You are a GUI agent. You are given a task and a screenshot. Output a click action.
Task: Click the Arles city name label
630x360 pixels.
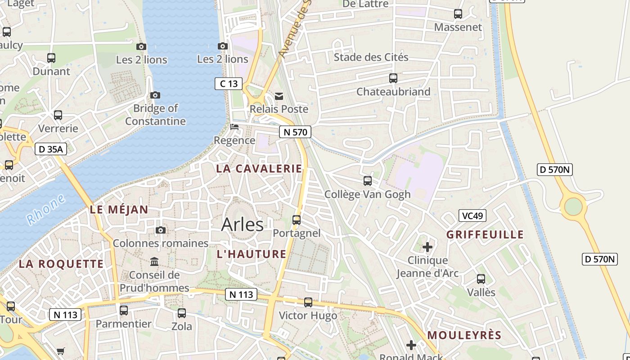coord(242,224)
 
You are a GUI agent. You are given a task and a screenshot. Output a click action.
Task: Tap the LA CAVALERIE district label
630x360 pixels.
coord(259,169)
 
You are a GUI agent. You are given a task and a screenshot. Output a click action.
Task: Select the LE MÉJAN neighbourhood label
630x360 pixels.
coord(119,209)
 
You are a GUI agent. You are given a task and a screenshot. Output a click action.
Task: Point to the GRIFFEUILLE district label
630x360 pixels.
coord(485,234)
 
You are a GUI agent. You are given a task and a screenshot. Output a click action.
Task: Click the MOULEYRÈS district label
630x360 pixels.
coord(464,335)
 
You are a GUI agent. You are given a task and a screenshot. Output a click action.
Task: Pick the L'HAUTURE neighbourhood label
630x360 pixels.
coord(252,254)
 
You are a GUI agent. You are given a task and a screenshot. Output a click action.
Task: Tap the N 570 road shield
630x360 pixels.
coord(295,132)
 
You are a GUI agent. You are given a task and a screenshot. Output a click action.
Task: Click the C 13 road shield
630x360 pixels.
coord(229,83)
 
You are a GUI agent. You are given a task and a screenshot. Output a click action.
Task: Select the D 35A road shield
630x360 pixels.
coord(51,149)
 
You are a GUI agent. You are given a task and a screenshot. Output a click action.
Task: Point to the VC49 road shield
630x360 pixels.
coord(472,216)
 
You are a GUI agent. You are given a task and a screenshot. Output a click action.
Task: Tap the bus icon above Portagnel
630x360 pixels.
coord(297,220)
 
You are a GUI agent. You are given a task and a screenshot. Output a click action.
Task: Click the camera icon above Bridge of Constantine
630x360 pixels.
coord(155,95)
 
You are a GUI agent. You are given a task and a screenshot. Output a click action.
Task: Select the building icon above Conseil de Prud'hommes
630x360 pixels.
coord(154,261)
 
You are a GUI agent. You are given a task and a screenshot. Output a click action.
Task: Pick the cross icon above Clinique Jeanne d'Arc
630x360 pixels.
coord(427,247)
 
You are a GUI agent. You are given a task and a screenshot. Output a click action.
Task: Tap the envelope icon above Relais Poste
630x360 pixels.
coord(279,96)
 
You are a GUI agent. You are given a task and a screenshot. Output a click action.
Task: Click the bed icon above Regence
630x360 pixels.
coord(234,127)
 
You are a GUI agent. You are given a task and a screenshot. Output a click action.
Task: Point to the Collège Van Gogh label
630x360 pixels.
coord(368,194)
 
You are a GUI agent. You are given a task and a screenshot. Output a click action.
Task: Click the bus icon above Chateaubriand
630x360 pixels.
coord(393,78)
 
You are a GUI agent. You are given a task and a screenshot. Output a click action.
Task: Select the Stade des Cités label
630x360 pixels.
coord(371,57)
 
